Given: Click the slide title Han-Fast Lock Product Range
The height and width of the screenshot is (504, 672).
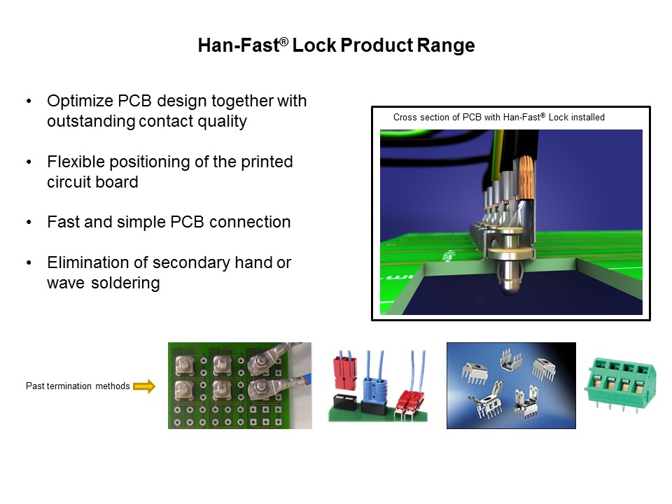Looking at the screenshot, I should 336,46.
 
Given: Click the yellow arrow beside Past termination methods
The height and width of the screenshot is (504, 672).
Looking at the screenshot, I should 143,386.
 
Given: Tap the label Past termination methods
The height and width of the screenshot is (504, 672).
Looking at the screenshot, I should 78,386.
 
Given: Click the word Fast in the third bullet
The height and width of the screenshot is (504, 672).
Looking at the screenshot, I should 62,223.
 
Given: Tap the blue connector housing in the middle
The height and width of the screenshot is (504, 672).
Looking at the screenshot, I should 374,388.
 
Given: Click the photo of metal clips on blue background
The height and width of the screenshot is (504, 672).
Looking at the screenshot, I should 511,385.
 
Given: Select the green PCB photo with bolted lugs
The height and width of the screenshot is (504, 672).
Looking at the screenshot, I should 230,385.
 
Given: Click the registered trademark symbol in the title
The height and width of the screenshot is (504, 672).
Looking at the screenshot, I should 284,42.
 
